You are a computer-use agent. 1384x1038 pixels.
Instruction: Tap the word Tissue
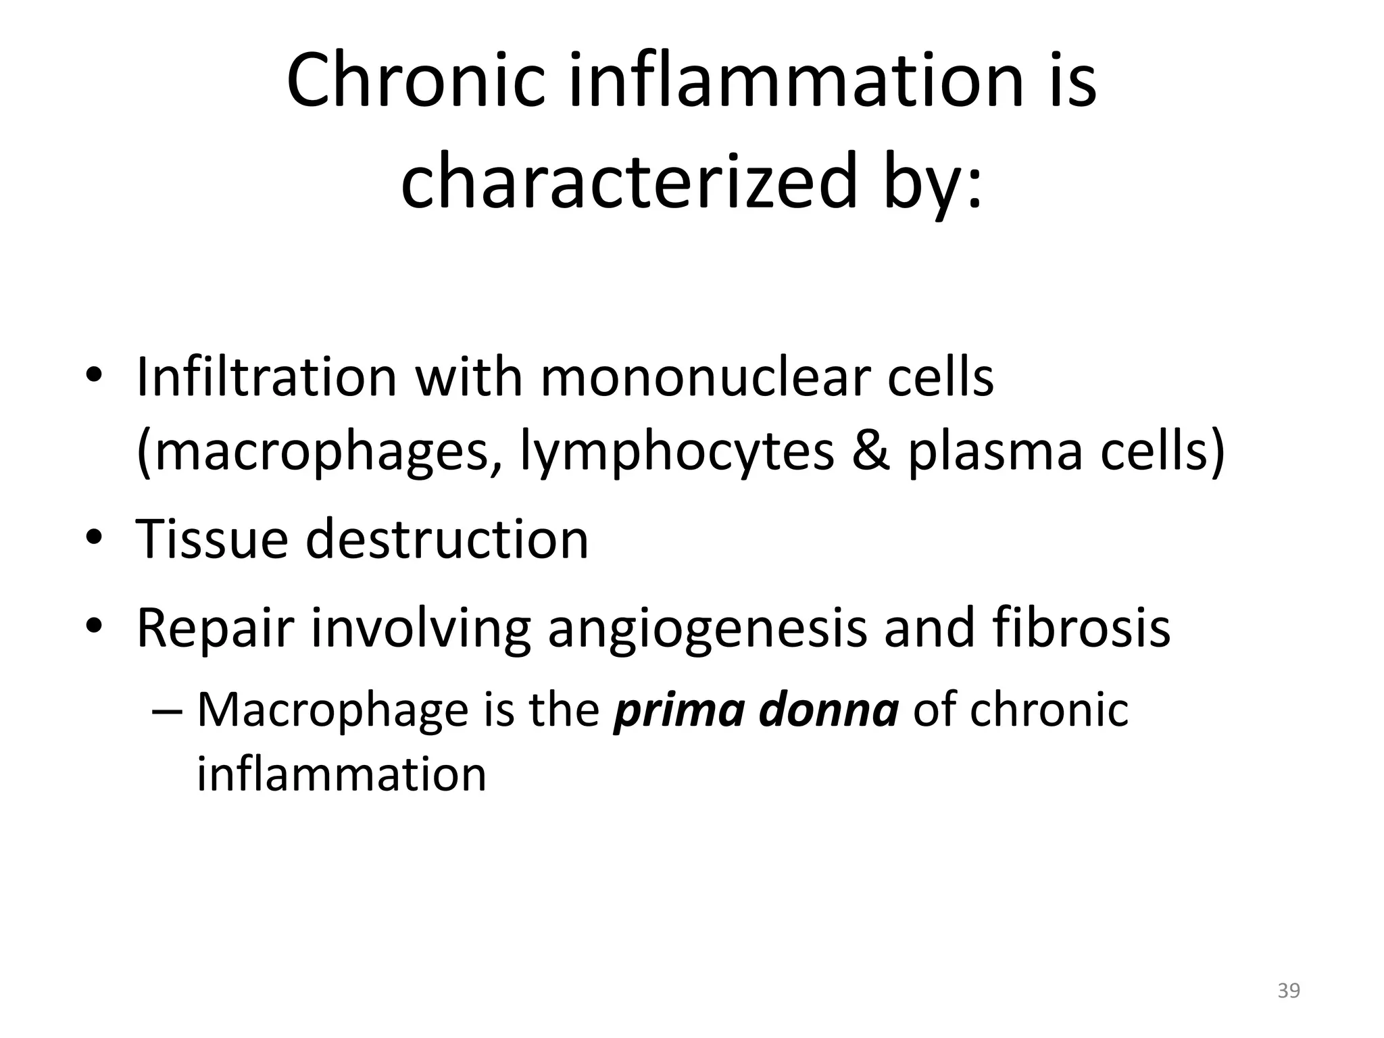pos(211,539)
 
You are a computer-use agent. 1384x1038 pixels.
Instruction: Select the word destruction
pos(447,539)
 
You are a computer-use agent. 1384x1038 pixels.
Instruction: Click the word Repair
pos(216,628)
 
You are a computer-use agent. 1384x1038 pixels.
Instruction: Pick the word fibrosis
pos(1081,628)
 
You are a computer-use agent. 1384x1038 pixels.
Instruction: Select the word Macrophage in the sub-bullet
pos(331,711)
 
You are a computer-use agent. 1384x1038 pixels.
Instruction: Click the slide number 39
pos(1289,991)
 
